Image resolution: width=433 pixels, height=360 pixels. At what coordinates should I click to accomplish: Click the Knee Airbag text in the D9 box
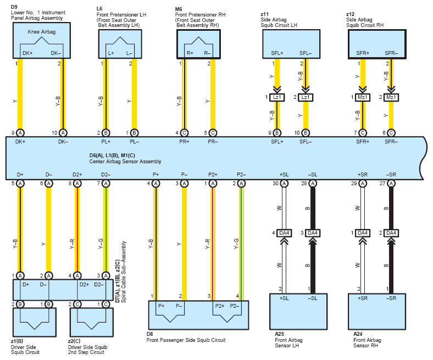42,32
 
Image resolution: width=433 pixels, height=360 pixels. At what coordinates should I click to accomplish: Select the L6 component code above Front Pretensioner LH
99,9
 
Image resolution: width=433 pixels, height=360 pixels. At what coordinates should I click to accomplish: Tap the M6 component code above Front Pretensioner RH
179,9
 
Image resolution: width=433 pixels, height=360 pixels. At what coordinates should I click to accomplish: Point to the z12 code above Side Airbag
350,14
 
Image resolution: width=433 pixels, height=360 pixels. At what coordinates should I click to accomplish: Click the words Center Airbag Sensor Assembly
125,162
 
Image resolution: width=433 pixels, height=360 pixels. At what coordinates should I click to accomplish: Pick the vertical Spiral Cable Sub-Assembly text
124,272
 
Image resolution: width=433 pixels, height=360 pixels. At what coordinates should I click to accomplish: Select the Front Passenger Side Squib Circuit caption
186,340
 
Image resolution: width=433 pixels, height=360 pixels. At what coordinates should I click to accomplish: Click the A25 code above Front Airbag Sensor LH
279,334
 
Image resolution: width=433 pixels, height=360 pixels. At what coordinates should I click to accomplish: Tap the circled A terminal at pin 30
284,184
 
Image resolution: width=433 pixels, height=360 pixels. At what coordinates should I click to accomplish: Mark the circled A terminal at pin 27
391,184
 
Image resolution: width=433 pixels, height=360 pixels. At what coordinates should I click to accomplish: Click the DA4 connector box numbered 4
284,233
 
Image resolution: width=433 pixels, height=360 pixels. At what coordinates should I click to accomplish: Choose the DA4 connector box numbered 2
391,233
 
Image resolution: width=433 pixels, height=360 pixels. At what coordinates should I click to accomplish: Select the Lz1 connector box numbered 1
277,97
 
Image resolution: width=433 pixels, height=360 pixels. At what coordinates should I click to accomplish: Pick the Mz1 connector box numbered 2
391,97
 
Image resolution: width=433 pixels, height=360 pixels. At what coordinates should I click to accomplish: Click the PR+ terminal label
184,142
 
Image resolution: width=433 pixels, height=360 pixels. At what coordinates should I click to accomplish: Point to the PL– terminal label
135,142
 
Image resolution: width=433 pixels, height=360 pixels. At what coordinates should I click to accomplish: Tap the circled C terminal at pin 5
213,133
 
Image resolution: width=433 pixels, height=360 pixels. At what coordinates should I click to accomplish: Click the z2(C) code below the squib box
74,341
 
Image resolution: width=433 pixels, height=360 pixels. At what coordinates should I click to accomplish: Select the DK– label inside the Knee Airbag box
56,53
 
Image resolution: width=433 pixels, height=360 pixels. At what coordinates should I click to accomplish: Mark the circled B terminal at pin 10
306,133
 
